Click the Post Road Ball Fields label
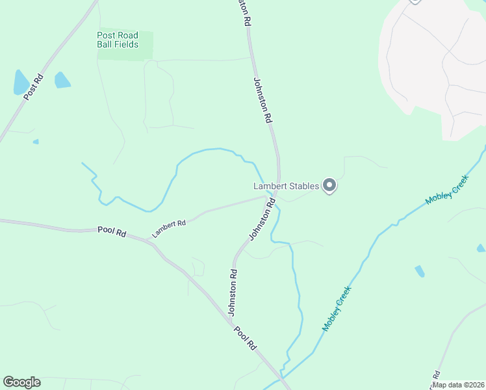118,40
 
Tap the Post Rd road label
33,86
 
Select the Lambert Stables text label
286,186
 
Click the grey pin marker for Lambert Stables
329,186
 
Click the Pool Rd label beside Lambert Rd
112,231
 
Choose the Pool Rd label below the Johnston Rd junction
246,337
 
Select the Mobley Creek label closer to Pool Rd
337,309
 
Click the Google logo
21,382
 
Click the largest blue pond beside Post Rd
21,83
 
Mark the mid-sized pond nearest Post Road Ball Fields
62,80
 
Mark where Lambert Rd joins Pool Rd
151,239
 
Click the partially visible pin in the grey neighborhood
415,2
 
